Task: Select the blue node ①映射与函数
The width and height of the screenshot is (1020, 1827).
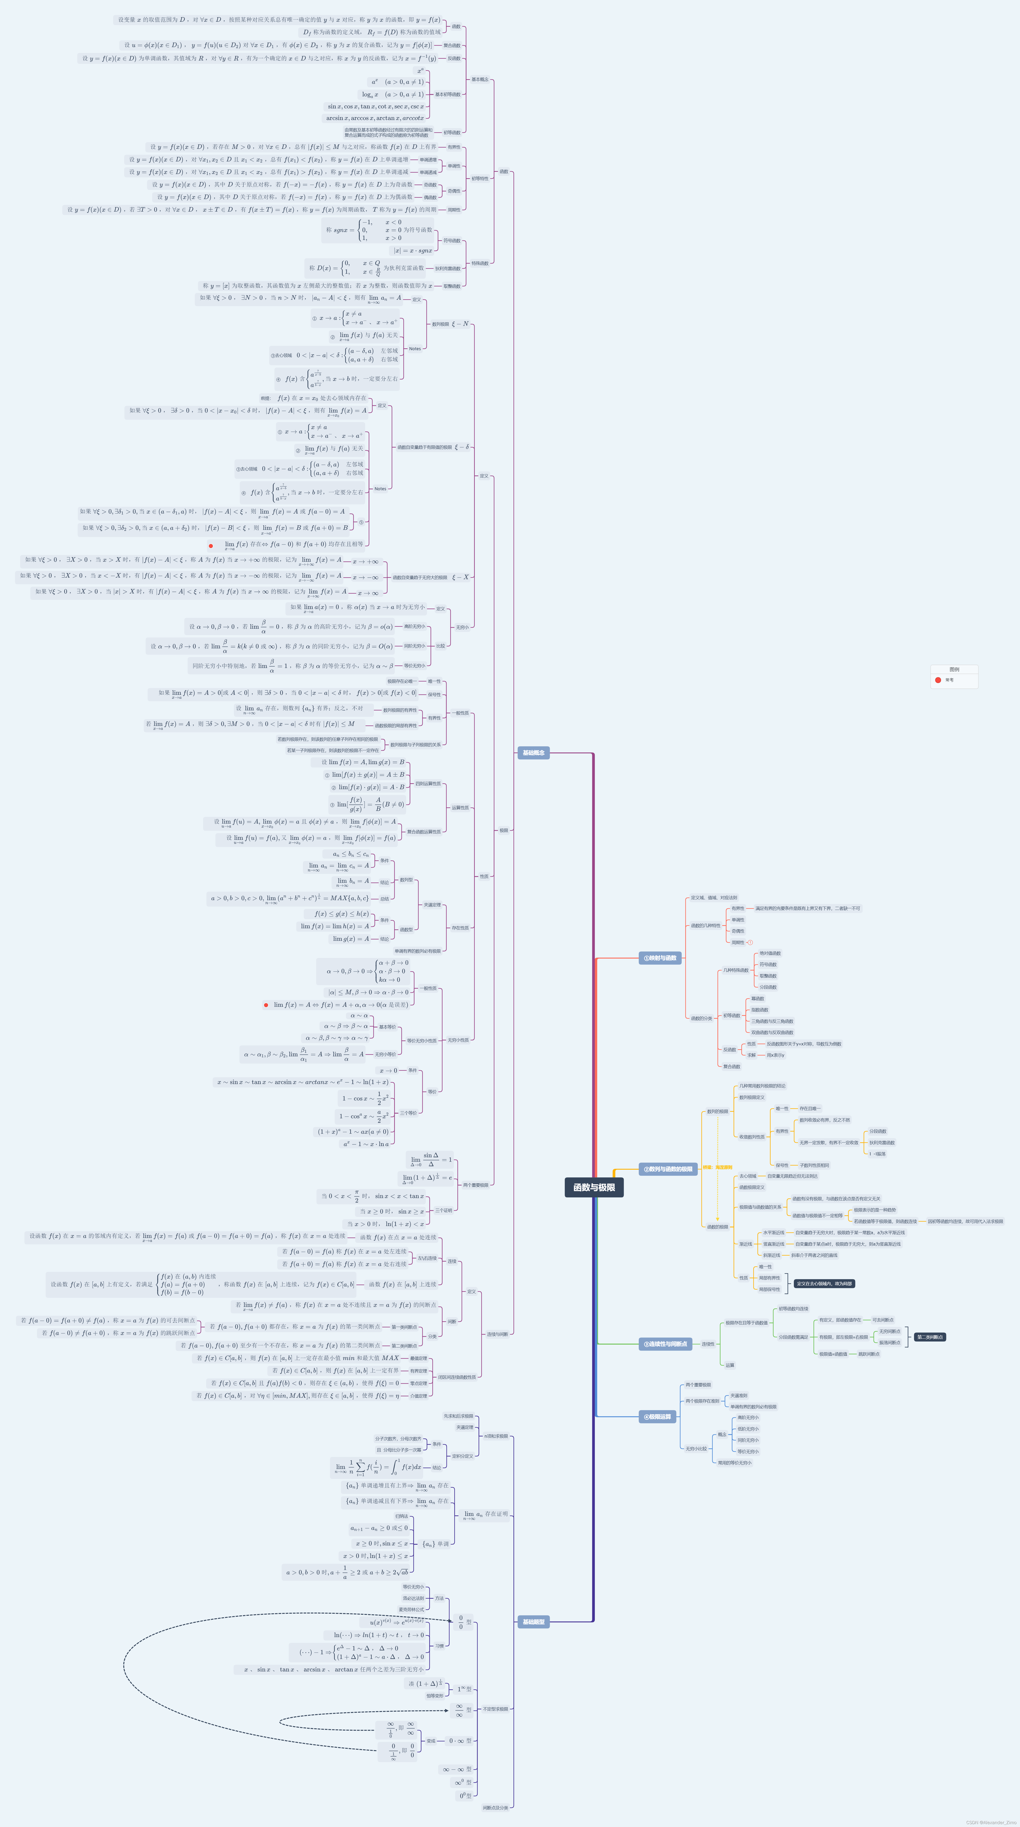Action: (660, 957)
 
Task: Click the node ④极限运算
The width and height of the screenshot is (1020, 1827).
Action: (657, 1416)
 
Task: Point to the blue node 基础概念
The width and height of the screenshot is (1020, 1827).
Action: (534, 752)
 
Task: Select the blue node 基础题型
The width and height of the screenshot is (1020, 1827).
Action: (534, 1621)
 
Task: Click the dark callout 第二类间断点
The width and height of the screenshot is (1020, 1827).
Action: (929, 1337)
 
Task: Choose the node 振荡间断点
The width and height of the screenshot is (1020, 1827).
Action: (889, 1342)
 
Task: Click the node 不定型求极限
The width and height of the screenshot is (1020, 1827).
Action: (495, 1709)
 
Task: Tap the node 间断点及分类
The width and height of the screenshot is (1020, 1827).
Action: (495, 1807)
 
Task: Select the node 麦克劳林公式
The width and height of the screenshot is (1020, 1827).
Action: (411, 1609)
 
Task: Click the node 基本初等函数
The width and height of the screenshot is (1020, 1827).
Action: (448, 94)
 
